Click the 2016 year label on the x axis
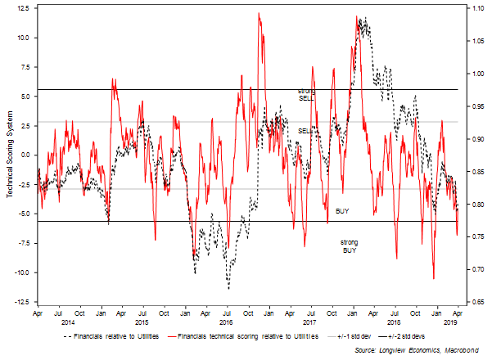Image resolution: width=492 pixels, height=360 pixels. tap(227, 321)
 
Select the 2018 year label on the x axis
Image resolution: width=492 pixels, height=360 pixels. tap(395, 321)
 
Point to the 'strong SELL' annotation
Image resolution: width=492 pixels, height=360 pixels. tap(306, 93)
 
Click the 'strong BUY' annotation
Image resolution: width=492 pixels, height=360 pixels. tap(350, 246)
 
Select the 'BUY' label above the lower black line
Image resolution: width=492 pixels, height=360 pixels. tap(342, 211)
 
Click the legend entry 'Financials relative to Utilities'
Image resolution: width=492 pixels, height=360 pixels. tap(115, 336)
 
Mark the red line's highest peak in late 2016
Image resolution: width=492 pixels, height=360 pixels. tap(259, 14)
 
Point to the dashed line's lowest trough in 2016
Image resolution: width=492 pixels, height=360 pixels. tap(228, 288)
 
